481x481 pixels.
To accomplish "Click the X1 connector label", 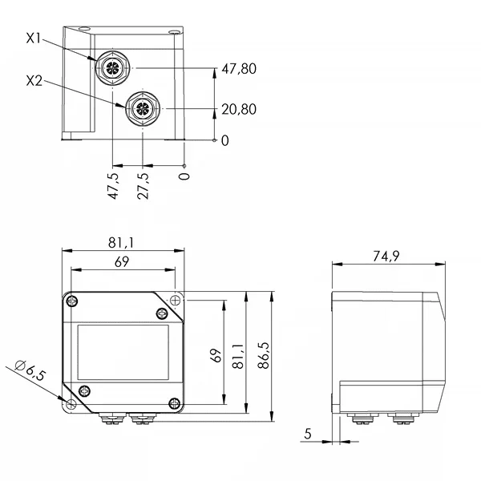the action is (x=34, y=38).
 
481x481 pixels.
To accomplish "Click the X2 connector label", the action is (x=34, y=81).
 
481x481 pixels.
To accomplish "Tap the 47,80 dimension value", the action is (x=239, y=69).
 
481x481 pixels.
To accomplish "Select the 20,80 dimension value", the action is (x=239, y=109).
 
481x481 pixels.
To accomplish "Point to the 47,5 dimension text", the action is (x=113, y=186).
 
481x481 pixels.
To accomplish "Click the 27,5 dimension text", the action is (x=143, y=186).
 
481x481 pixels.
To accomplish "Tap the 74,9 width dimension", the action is (x=386, y=257).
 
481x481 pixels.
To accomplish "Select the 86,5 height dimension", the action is (x=264, y=355).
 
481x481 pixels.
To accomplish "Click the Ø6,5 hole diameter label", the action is (x=30, y=370).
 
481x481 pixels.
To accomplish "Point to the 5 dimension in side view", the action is (x=308, y=434).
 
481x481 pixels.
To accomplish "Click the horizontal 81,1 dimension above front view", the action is (x=121, y=243).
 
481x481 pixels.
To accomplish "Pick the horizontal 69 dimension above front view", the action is (x=122, y=262).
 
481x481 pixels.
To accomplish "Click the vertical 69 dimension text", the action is (x=216, y=355).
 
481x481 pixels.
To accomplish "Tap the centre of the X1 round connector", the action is (x=113, y=67).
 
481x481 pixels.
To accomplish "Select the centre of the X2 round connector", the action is (x=143, y=108).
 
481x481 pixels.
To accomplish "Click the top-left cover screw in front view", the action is (x=72, y=301).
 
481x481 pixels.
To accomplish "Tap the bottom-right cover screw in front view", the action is (x=175, y=403).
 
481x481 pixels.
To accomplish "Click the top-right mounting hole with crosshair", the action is (x=175, y=301).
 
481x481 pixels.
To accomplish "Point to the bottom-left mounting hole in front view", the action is (x=71, y=404).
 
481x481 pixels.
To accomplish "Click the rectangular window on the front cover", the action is (x=123, y=352).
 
